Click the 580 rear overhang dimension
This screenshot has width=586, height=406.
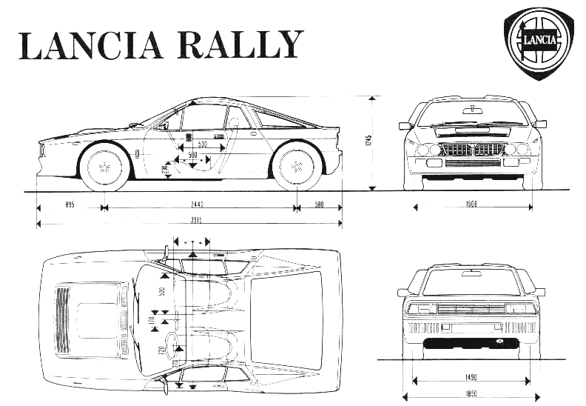click(x=318, y=203)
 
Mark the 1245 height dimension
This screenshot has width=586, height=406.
click(x=368, y=141)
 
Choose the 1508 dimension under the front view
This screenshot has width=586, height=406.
click(x=471, y=202)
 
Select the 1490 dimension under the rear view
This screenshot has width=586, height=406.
click(x=471, y=376)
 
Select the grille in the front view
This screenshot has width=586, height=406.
click(x=472, y=149)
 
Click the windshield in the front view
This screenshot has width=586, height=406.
click(x=471, y=114)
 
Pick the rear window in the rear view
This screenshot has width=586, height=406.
click(x=471, y=282)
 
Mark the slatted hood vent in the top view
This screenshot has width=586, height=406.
click(x=64, y=319)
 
